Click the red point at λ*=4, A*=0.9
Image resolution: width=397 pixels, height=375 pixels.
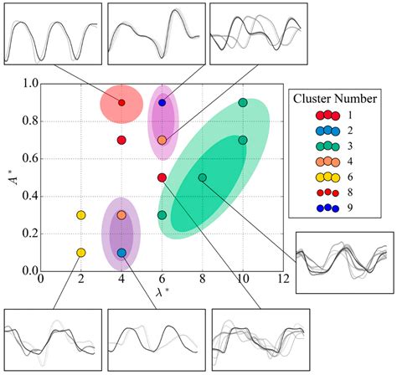(x=121, y=102)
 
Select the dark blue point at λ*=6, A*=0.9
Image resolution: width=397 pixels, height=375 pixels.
(x=162, y=102)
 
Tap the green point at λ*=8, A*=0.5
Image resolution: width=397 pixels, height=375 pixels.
(x=202, y=177)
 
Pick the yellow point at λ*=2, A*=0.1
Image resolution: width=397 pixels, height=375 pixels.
(x=81, y=252)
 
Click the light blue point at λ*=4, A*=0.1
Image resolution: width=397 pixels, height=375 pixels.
(x=121, y=252)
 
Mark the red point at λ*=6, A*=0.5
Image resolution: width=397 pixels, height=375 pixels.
(x=162, y=177)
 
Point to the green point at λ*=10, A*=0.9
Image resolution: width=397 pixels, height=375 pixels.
(x=243, y=102)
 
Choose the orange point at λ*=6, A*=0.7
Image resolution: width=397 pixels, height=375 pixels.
(x=162, y=140)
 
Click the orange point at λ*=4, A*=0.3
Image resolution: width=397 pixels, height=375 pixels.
(x=121, y=215)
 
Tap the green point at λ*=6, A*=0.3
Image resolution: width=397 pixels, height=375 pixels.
(x=162, y=215)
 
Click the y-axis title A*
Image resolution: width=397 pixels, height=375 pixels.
(x=12, y=177)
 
